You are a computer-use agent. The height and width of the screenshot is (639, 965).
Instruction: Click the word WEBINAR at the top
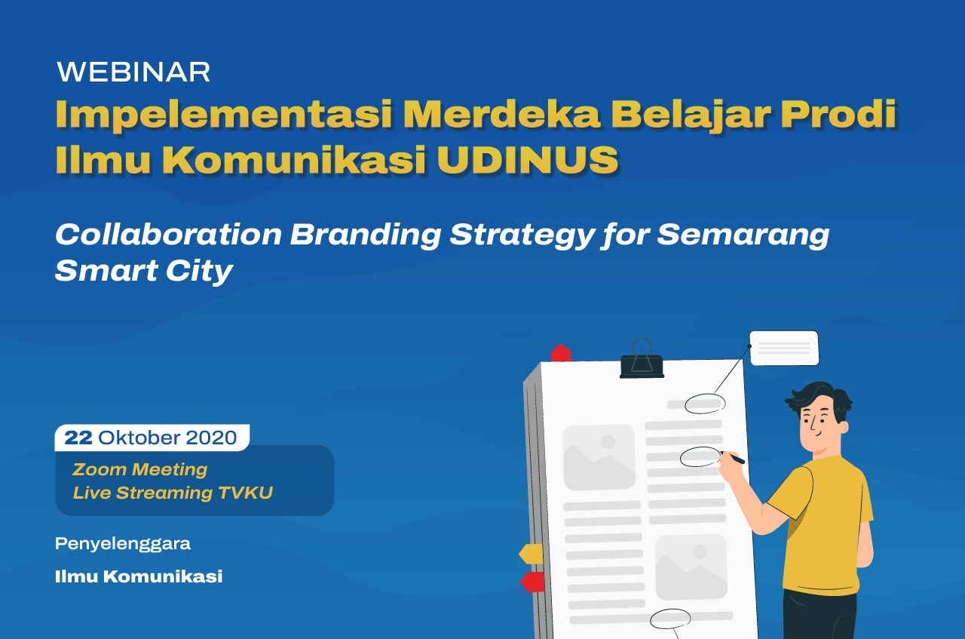[133, 72]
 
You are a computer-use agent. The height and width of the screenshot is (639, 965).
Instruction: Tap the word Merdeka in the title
[502, 114]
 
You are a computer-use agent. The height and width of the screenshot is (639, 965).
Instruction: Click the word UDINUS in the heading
[528, 160]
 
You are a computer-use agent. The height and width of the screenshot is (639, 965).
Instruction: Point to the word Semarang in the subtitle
[743, 235]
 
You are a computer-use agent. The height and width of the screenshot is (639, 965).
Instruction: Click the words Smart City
[144, 272]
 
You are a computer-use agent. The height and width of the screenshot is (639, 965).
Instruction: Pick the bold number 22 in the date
[78, 438]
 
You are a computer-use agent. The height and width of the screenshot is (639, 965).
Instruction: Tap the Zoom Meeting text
[140, 470]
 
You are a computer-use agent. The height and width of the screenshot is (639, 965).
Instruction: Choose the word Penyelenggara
[123, 545]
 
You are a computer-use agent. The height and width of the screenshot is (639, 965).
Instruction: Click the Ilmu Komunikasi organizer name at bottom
[139, 576]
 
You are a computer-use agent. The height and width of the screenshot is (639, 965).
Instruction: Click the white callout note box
[784, 348]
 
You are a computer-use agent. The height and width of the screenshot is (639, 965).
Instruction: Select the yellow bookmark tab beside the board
[532, 554]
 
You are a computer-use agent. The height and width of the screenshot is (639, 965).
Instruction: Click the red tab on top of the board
[561, 354]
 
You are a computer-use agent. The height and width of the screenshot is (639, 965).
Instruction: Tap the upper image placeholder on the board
[599, 457]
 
